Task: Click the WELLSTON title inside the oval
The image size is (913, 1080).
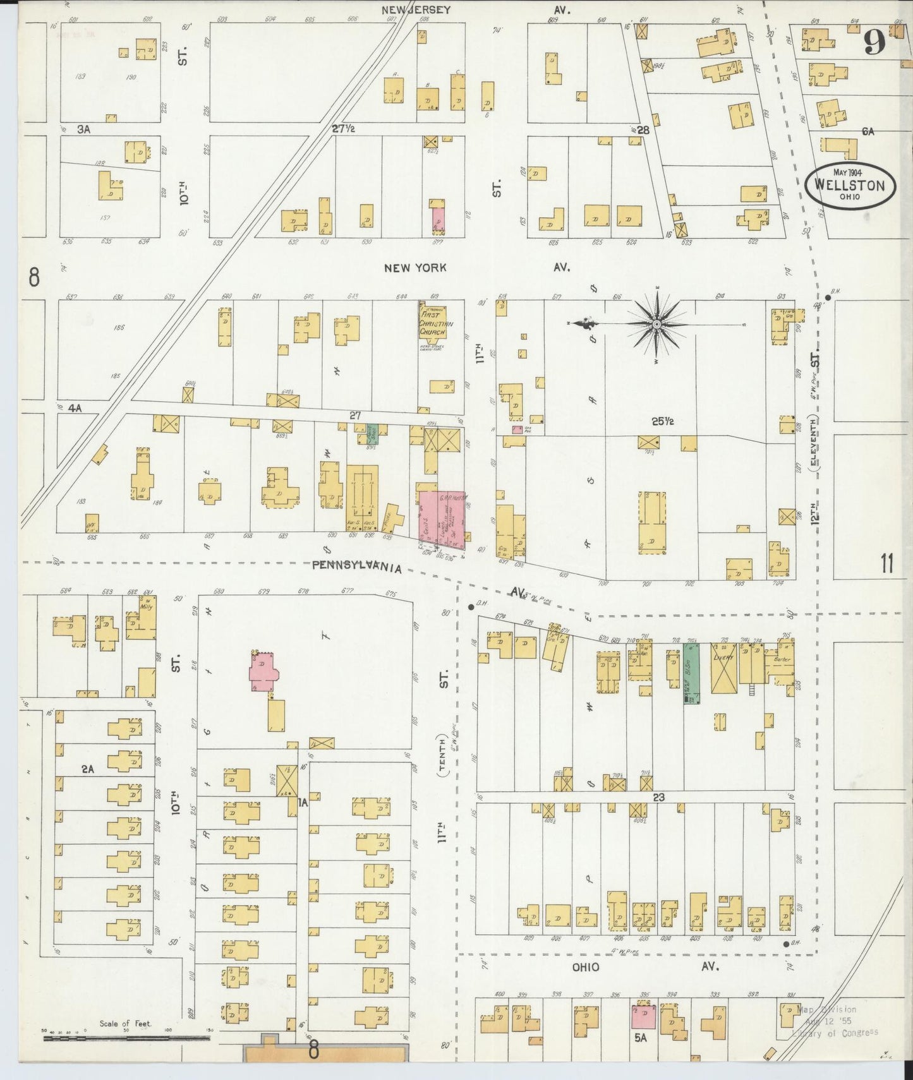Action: point(849,185)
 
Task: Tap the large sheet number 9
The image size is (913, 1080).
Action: point(874,44)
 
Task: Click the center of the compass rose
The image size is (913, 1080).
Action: point(657,324)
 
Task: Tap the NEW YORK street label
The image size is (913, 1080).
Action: point(415,268)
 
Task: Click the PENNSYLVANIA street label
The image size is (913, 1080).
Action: point(357,567)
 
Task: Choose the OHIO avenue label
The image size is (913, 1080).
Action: point(586,967)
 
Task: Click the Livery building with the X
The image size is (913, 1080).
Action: point(724,668)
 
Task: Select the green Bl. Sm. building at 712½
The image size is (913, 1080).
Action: point(692,673)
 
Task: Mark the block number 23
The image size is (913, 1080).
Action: point(659,797)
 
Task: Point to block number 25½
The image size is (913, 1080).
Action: point(662,421)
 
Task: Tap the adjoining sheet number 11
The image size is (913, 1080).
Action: point(886,563)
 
